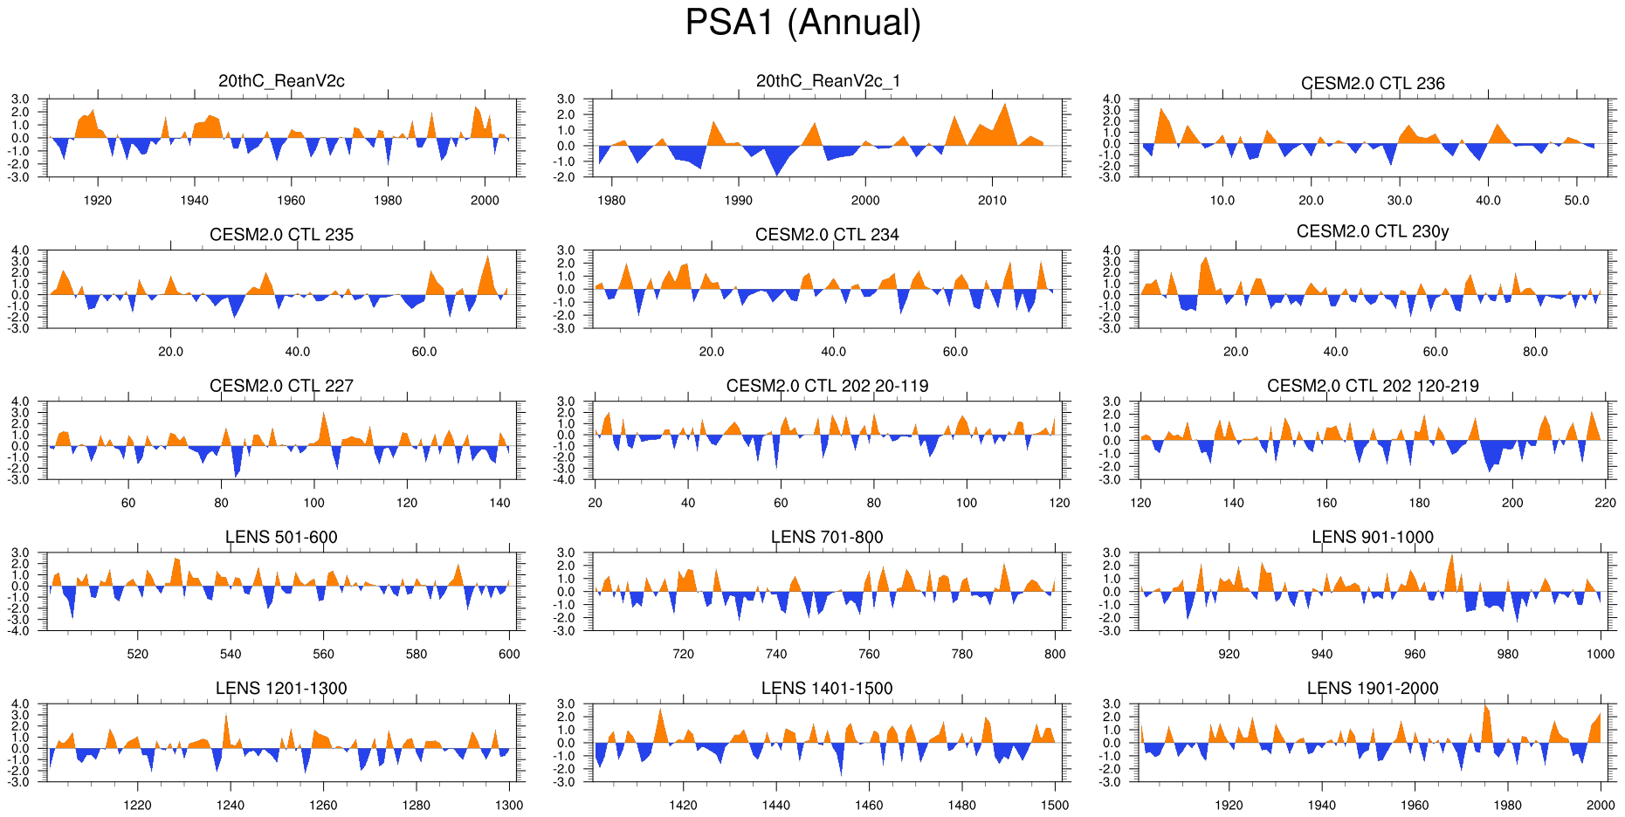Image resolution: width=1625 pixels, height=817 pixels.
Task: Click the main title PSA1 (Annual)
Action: point(802,23)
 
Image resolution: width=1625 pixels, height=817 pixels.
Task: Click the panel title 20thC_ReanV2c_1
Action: point(828,81)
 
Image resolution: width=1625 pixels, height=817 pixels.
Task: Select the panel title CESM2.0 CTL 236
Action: point(1373,84)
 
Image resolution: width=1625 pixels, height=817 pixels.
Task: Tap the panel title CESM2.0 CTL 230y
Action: point(1373,231)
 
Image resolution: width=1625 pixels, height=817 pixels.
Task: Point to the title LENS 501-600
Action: point(281,537)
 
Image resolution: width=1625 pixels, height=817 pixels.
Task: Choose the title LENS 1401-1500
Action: point(827,689)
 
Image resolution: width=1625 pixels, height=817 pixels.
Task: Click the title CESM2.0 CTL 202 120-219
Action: point(1373,386)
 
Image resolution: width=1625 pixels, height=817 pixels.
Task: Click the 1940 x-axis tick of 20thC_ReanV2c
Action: point(194,201)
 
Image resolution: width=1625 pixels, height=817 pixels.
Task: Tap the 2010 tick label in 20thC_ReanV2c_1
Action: point(992,201)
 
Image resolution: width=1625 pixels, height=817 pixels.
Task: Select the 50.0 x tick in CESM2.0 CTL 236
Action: point(1577,201)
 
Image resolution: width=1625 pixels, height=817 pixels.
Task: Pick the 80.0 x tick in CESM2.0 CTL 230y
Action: point(1535,352)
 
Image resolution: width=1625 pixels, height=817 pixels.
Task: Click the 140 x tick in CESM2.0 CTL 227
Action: point(499,503)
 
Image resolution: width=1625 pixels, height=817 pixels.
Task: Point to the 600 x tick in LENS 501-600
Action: point(509,654)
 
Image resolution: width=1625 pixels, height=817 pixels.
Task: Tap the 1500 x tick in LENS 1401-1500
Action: point(1055,805)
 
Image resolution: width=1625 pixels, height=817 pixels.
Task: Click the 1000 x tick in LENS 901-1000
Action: point(1601,654)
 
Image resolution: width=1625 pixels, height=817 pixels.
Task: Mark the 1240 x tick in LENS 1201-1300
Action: point(231,805)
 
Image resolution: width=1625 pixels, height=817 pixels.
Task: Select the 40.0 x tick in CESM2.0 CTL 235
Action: point(298,352)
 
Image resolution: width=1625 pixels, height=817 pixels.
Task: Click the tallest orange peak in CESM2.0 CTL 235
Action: point(488,257)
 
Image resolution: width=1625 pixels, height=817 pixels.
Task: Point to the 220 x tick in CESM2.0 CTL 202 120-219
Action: point(1605,503)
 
